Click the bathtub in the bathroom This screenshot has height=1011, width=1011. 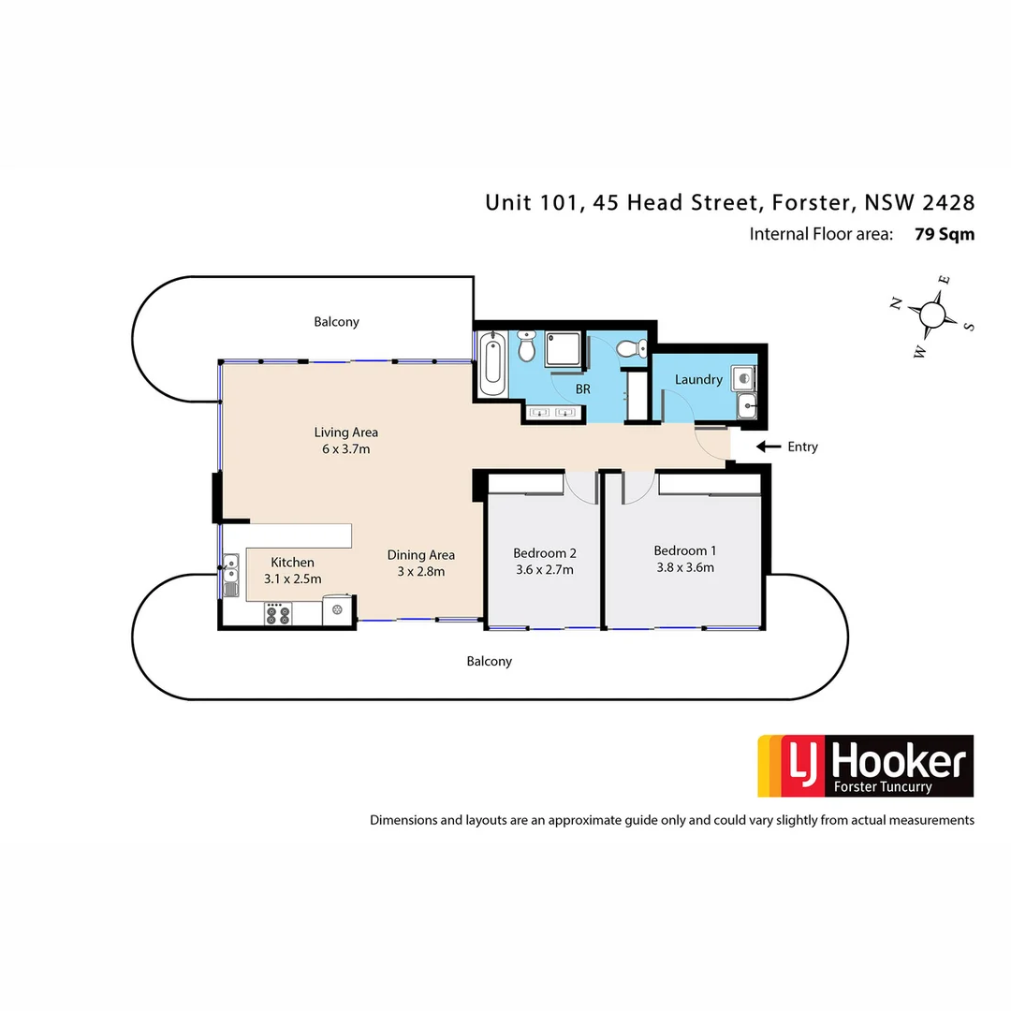[x=492, y=365]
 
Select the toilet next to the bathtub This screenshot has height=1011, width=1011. [x=527, y=347]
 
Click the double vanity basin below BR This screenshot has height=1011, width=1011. [x=551, y=411]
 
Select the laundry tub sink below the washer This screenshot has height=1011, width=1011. [x=746, y=405]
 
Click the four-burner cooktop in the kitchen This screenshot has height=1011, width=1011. [x=277, y=614]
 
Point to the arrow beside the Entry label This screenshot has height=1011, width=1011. [x=768, y=447]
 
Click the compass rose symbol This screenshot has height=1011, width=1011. [x=932, y=314]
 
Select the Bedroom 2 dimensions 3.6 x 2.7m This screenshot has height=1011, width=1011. [x=544, y=569]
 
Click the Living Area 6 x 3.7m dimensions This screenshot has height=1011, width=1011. [x=345, y=449]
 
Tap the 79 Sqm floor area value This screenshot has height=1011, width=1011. [x=944, y=234]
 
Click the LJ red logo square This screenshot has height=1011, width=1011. [x=797, y=766]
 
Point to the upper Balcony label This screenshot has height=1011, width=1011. [x=336, y=322]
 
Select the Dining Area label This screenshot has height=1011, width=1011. [x=421, y=555]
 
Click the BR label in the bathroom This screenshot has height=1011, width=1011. [x=583, y=388]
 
